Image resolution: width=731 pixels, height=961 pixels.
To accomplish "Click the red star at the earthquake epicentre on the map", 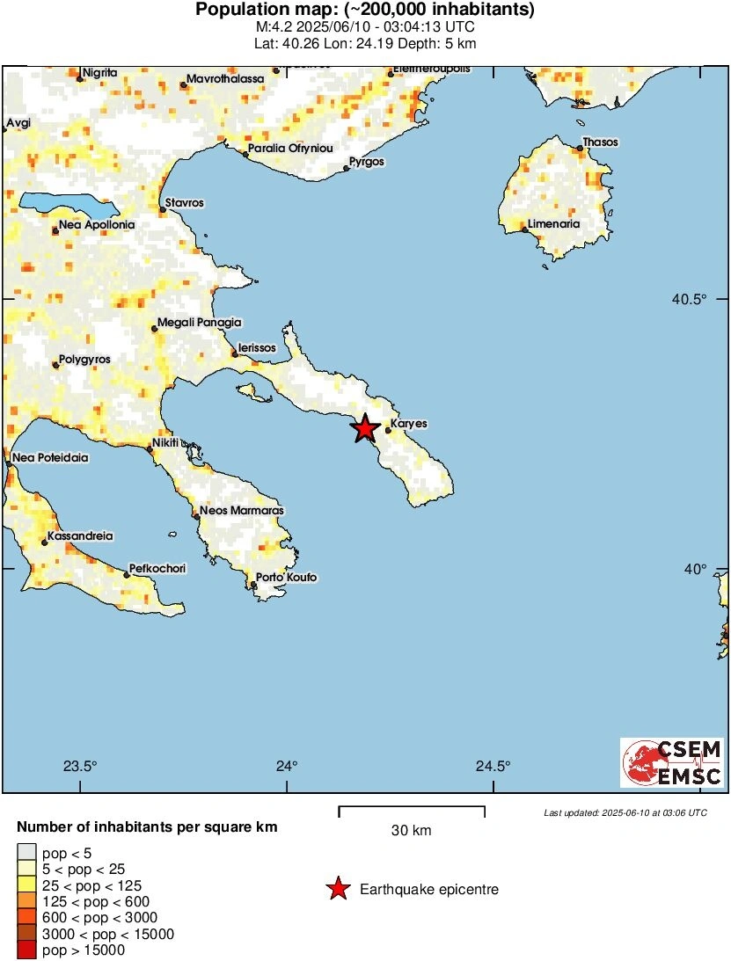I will [x=365, y=429].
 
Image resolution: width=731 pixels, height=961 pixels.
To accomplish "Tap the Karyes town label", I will [x=408, y=424].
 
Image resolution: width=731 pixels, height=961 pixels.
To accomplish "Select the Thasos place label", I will [x=600, y=142].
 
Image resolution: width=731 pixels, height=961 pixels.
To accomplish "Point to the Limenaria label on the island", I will [x=553, y=224].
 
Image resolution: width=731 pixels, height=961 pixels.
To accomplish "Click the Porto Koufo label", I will [x=286, y=578].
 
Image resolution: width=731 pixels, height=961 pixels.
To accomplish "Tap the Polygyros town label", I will [x=84, y=360].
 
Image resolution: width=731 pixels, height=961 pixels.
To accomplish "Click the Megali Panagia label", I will [x=199, y=323].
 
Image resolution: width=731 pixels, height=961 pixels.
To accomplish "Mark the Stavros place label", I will [x=185, y=203].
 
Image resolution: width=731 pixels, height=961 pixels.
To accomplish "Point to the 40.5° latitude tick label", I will [x=690, y=300].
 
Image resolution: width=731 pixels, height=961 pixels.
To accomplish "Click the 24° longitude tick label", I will [x=287, y=766].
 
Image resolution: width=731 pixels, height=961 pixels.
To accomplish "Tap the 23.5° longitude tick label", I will [x=81, y=766].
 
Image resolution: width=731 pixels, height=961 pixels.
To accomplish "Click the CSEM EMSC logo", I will [x=672, y=762].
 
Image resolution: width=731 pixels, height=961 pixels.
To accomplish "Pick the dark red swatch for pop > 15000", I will [x=27, y=950].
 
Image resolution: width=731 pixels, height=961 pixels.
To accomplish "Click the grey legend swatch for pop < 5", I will [x=27, y=853].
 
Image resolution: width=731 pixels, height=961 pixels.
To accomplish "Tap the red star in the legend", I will [x=337, y=890].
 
